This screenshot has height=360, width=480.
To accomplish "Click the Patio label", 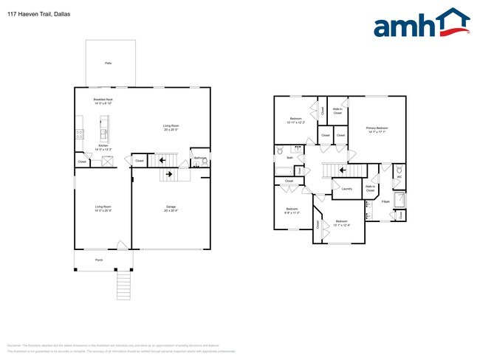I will tap(108, 64).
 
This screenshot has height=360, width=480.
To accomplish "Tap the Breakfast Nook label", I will tap(103, 101).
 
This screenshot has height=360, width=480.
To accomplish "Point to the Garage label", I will tap(171, 209).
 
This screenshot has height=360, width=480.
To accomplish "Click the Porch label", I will tap(99, 260).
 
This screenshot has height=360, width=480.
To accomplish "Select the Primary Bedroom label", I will tap(377, 131).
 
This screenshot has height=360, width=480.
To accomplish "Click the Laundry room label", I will tap(346, 189).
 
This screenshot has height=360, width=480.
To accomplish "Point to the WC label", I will tap(400, 177).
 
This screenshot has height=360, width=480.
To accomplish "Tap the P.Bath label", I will tap(385, 201).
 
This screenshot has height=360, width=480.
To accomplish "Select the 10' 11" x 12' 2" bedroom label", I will tap(295, 120).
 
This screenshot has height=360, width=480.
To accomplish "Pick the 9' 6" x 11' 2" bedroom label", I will tap(291, 211).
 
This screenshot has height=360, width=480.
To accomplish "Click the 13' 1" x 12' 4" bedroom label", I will tap(341, 223).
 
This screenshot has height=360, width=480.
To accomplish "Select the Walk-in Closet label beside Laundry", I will tap(370, 189).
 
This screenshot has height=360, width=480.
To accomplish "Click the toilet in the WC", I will tap(400, 168).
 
